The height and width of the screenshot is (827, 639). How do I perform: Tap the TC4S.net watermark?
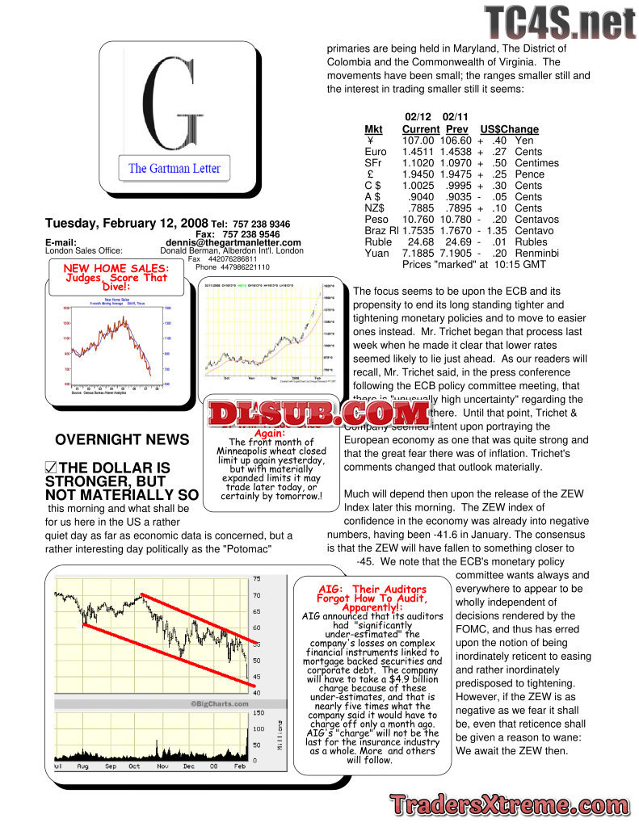[x=559, y=22]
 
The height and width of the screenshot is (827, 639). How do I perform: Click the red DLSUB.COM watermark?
[x=318, y=414]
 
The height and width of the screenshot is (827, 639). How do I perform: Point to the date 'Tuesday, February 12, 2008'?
[x=127, y=223]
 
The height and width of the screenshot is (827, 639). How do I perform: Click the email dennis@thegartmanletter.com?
[x=233, y=242]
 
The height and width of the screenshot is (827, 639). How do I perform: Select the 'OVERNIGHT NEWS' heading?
[x=122, y=440]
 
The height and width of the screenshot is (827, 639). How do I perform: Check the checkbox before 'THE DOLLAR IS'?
[x=51, y=468]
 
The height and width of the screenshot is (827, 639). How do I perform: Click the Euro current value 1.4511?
[x=421, y=152]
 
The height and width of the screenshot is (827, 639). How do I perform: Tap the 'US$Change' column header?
[x=509, y=129]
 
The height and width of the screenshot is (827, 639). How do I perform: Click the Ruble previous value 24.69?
[x=457, y=242]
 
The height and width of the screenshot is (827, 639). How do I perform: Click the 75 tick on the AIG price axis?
[x=257, y=579]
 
